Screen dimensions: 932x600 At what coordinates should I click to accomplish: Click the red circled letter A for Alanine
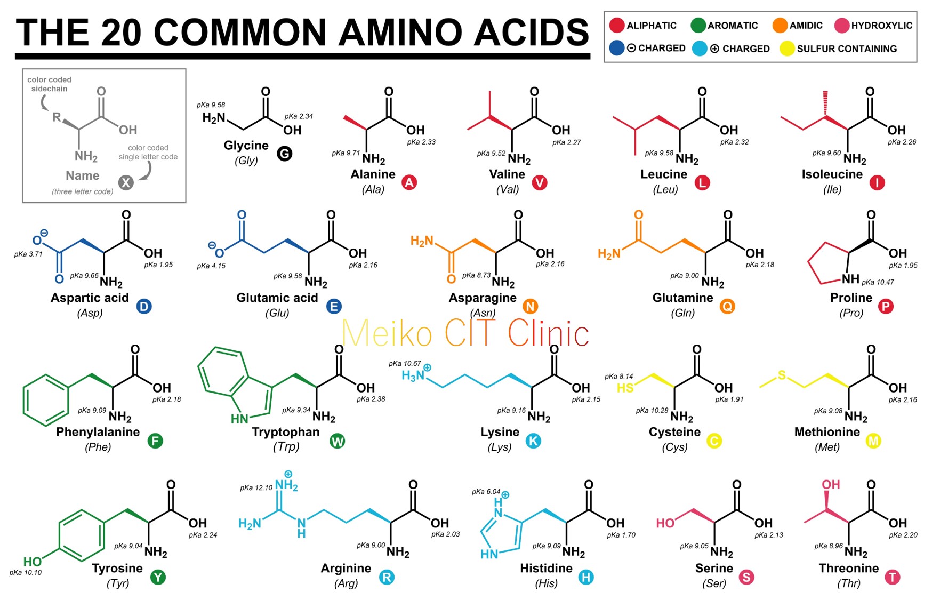tap(409, 183)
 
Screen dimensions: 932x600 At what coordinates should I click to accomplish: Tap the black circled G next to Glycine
tap(285, 154)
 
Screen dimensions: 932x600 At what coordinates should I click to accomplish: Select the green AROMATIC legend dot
tap(698, 25)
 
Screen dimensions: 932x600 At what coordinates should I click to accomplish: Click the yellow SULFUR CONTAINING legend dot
tap(787, 49)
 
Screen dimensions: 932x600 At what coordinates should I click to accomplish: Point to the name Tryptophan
tap(286, 432)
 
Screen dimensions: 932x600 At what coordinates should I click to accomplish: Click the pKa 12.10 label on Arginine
tap(256, 487)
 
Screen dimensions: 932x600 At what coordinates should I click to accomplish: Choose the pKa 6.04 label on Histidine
tap(486, 492)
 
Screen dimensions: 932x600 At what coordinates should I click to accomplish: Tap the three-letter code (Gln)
tap(682, 313)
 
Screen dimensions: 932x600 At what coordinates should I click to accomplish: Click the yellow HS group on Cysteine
tap(625, 388)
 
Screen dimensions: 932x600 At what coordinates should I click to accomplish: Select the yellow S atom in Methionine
tap(782, 375)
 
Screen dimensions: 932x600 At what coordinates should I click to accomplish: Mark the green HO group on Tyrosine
tap(33, 562)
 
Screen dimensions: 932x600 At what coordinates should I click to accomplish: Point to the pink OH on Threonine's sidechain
tap(831, 484)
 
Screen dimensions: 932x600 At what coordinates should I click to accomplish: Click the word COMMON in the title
tap(240, 33)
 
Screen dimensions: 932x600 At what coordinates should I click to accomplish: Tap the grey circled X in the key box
tap(126, 183)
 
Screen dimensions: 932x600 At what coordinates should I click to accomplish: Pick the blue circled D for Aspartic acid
tap(144, 307)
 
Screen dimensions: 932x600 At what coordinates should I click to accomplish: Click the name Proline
tap(851, 298)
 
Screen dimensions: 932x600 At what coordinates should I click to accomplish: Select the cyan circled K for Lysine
tap(533, 441)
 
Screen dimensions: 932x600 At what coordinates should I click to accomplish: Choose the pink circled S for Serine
tap(746, 577)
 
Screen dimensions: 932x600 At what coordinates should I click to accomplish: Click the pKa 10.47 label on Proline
tap(878, 282)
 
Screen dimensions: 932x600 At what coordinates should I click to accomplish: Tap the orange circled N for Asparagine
tap(530, 307)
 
